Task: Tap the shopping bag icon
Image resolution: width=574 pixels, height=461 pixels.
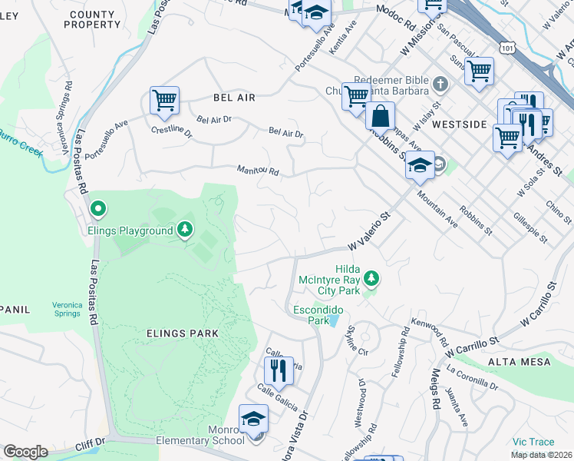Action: click(380, 117)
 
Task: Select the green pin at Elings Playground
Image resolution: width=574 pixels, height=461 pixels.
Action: click(97, 208)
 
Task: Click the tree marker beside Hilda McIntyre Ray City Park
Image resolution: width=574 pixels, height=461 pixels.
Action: click(371, 277)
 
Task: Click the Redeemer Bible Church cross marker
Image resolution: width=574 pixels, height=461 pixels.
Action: click(440, 82)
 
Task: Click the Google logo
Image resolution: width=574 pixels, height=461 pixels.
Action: click(25, 452)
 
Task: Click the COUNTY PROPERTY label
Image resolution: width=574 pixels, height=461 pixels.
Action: click(93, 19)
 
